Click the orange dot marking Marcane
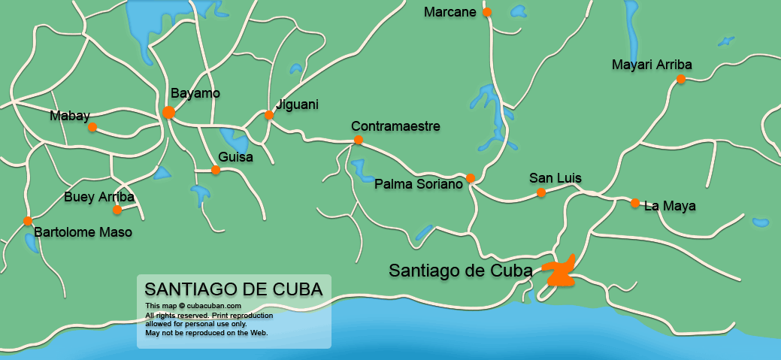click(487, 12)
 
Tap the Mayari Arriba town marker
click(680, 79)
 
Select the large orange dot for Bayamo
click(169, 113)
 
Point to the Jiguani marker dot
click(269, 115)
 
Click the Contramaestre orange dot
click(359, 140)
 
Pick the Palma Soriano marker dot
click(471, 178)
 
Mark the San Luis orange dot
click(541, 192)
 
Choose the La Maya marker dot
click(635, 203)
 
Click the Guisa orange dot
click(216, 170)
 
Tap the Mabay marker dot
click(92, 127)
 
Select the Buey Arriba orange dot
click(117, 210)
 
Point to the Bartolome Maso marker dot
click(28, 221)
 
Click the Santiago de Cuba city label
click(460, 271)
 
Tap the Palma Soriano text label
click(418, 184)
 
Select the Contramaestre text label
click(395, 126)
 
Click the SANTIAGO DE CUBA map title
click(233, 289)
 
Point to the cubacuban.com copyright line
click(193, 306)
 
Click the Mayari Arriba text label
click(652, 65)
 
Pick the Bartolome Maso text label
click(83, 232)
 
